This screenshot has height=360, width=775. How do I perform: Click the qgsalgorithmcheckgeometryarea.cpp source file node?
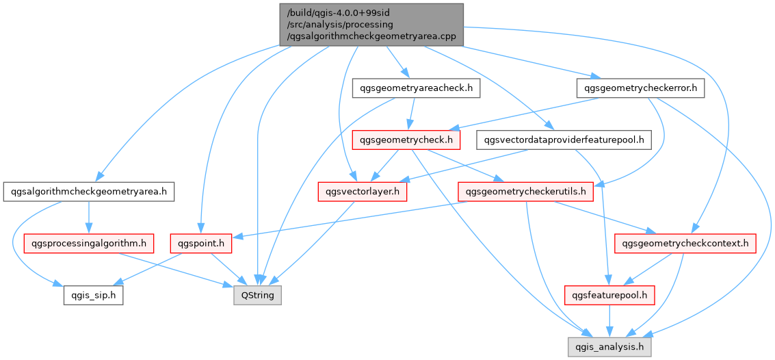pos(371,24)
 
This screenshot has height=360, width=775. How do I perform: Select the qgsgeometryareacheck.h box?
pos(416,88)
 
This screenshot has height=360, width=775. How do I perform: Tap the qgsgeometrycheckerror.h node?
pos(641,88)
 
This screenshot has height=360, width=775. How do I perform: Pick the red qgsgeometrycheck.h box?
pos(405,140)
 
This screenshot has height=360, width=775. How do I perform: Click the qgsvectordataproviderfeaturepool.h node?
pos(564,140)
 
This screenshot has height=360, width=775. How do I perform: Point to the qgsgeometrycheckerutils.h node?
pos(525,192)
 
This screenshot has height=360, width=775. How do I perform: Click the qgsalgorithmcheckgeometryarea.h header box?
pos(89,192)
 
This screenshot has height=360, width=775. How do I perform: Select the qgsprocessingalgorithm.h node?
pos(88,243)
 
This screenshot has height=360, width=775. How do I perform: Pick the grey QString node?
pos(257,296)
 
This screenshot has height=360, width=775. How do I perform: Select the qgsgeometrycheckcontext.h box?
pos(685,243)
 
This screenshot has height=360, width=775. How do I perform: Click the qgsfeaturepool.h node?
pos(607,296)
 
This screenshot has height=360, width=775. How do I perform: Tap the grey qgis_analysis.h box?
pos(608,348)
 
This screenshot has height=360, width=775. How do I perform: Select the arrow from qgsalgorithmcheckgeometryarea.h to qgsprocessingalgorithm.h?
pos(88,217)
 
